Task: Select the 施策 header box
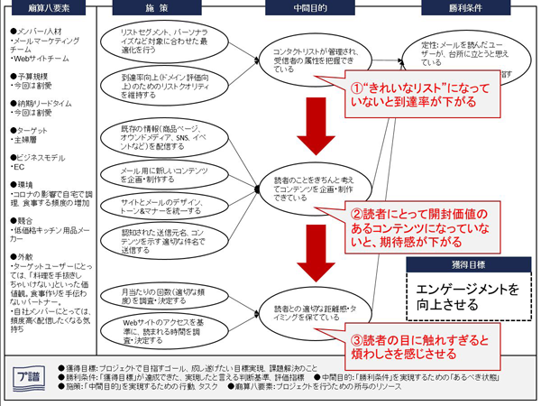pyautogui.click(x=160, y=8)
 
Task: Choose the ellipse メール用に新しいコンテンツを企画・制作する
pyautogui.click(x=166, y=176)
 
